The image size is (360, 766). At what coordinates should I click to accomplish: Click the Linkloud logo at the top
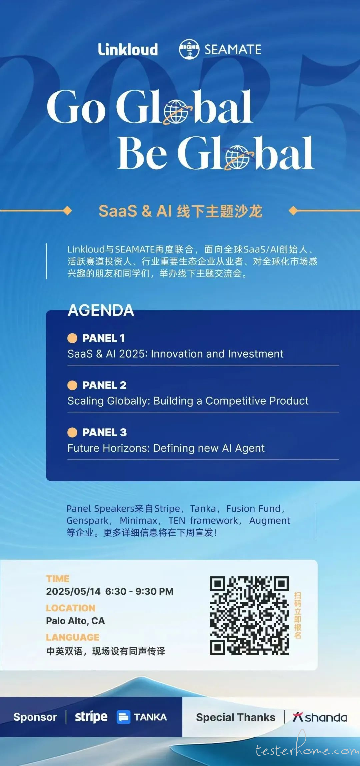click(x=128, y=50)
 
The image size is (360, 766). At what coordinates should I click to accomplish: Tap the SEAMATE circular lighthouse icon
click(x=189, y=49)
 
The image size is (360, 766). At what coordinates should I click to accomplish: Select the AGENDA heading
click(x=101, y=310)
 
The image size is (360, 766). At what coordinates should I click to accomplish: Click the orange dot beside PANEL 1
click(x=72, y=338)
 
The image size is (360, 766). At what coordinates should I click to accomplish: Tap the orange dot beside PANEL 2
click(x=72, y=385)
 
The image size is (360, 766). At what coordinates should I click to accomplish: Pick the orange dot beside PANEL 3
click(x=72, y=432)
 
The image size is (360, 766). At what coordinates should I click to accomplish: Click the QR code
click(x=249, y=615)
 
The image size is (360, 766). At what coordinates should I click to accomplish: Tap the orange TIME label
click(x=58, y=579)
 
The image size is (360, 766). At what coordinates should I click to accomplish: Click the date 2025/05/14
click(x=73, y=592)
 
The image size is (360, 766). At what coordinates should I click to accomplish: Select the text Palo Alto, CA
click(x=75, y=621)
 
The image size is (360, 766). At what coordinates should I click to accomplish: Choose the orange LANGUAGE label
click(x=73, y=637)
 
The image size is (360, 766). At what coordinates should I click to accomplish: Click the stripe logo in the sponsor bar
click(x=91, y=717)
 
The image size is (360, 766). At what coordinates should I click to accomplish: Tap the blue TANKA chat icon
click(x=123, y=717)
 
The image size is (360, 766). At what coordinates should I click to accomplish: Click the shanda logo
click(x=320, y=717)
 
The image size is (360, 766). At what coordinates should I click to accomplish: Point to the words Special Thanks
click(x=236, y=717)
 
